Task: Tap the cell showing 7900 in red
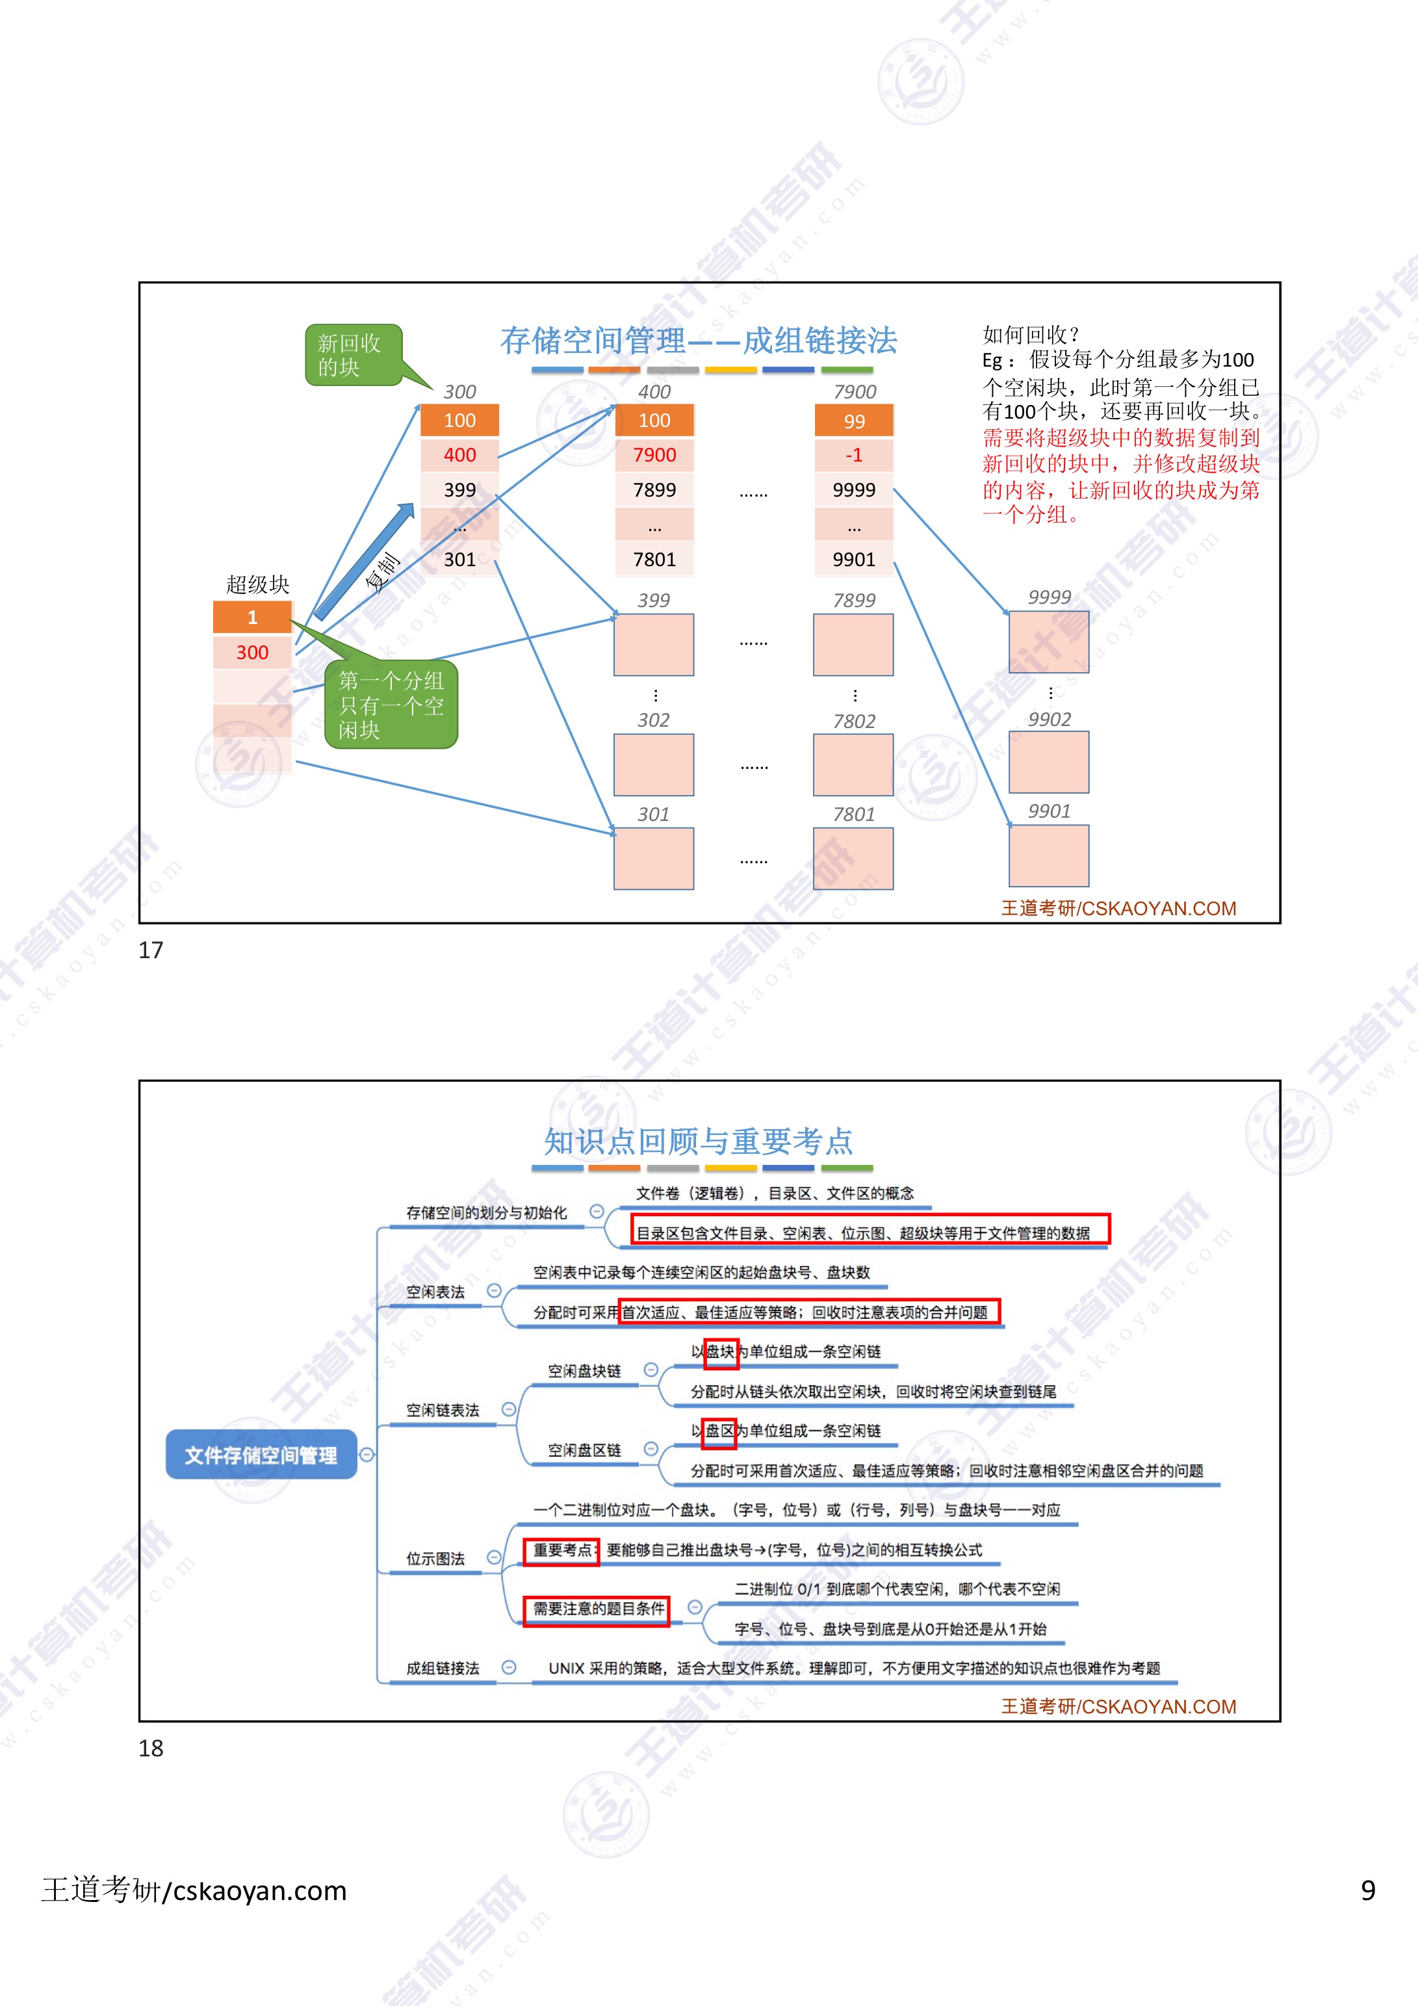654,454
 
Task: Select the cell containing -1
854,454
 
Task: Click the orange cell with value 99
854,421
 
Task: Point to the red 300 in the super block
253,652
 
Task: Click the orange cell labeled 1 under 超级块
253,617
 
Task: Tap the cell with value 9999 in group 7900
854,489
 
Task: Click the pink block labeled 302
654,764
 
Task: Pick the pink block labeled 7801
853,858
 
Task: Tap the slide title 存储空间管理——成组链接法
698,341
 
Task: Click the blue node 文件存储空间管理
261,1455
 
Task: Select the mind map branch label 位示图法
435,1557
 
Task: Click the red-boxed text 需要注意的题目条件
598,1608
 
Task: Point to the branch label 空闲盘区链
584,1450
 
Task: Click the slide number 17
151,950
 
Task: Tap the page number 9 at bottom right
1367,1891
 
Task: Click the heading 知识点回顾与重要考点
698,1141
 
